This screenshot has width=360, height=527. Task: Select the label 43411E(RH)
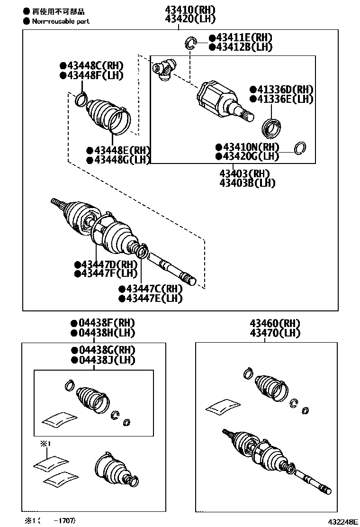248,37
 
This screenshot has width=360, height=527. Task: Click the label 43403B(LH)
247,182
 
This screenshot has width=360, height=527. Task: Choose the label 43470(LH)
275,333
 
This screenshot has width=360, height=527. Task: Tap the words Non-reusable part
61,21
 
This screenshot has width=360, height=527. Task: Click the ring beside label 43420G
299,148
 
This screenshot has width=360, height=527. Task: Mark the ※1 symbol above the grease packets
44,444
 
